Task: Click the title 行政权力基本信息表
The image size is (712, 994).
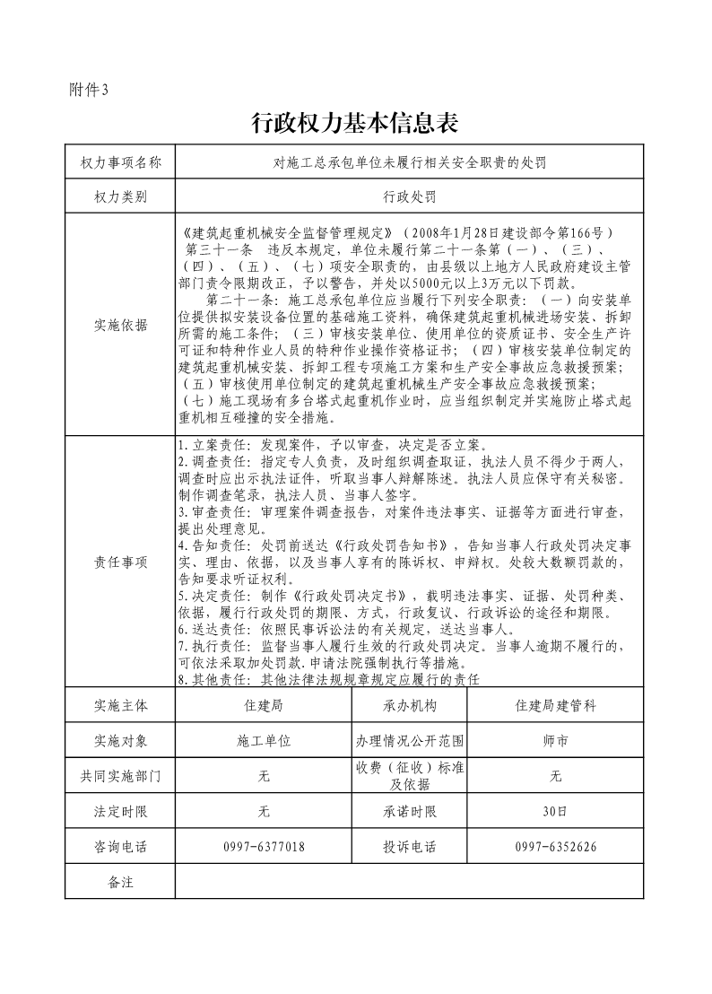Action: (x=356, y=123)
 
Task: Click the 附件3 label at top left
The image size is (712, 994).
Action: (x=88, y=89)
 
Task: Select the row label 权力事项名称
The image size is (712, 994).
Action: (x=120, y=162)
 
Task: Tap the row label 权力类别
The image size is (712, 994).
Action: (x=120, y=196)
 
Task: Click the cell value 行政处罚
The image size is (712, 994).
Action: (x=409, y=196)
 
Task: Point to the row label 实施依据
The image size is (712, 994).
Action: (x=120, y=325)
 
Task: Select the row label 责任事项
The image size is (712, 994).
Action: (x=120, y=562)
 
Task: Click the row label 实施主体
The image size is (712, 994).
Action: (x=120, y=705)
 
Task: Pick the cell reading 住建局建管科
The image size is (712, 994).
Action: (x=555, y=705)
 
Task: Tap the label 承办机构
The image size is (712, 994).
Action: (x=410, y=705)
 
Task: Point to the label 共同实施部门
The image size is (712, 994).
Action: (x=120, y=776)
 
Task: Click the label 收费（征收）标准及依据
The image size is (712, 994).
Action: (x=410, y=776)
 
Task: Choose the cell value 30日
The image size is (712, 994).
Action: (x=555, y=811)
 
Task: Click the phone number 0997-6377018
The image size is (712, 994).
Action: (x=264, y=846)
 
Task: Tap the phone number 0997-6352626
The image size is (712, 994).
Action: (x=555, y=846)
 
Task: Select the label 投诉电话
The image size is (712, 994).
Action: (x=410, y=846)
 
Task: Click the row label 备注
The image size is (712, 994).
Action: (x=120, y=881)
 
